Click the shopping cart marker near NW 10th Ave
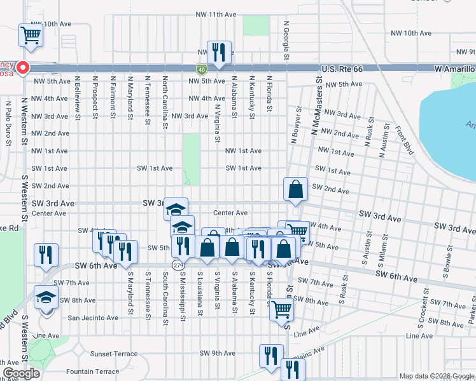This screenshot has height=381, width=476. coord(31,36)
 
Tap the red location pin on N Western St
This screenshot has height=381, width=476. coord(23,67)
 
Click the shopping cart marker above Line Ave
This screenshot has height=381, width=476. coord(281,311)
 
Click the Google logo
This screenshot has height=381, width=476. coord(21,373)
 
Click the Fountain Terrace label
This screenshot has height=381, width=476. coord(92,371)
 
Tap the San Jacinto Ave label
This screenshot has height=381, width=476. coord(93,317)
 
